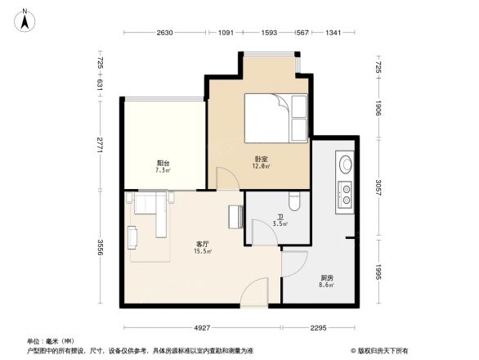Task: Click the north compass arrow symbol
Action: click(25, 19)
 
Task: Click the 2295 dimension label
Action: click(317, 328)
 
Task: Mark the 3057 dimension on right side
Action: click(378, 186)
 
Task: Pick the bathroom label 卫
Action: click(278, 217)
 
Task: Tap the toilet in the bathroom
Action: click(296, 200)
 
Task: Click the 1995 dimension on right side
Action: click(378, 270)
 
